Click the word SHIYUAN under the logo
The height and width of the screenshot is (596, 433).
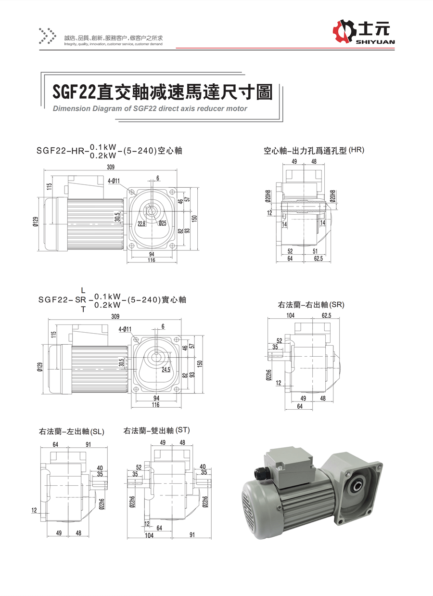[376, 42]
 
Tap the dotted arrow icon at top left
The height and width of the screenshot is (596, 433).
[47, 36]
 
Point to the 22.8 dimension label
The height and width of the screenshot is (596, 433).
[141, 223]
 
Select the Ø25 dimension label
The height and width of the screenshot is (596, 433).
[162, 223]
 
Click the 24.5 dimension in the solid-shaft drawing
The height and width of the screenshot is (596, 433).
[166, 370]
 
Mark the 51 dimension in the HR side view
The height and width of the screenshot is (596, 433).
[315, 251]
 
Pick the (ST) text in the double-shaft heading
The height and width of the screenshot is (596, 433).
[183, 430]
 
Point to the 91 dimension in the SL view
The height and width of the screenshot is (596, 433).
[88, 444]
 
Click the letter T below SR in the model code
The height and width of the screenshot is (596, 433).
[83, 310]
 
